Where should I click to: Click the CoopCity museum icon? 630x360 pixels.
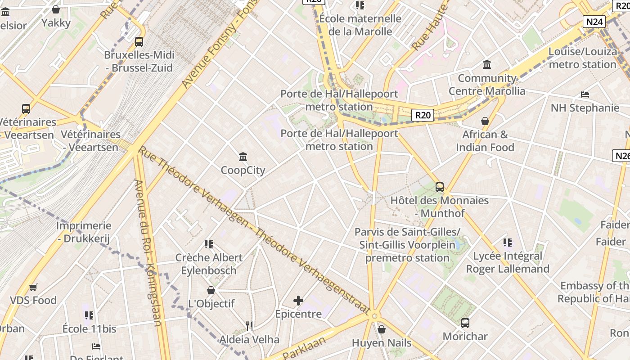pos(243,157)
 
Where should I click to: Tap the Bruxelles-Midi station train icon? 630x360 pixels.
pos(139,42)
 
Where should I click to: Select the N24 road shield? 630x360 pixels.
pos(594,22)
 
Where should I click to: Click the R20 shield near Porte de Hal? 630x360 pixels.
pos(423,115)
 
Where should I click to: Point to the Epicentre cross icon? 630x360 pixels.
pos(298,301)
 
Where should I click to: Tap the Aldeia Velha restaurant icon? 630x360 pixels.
pos(249,326)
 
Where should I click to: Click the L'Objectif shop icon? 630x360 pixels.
pos(211,290)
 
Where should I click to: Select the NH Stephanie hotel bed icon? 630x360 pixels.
pos(585,94)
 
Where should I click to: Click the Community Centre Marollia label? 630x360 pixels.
pos(487,85)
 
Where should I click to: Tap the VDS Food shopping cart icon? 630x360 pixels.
pos(33,287)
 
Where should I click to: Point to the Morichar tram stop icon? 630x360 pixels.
pos(465,323)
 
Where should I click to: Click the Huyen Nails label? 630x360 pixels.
pos(382,343)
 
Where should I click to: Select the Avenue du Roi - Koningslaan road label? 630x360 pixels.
pos(148,252)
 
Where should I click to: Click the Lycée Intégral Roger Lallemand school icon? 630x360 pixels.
pos(508,243)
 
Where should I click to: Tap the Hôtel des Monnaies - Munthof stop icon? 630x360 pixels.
pos(440,187)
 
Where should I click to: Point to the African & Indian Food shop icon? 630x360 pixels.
pos(485,121)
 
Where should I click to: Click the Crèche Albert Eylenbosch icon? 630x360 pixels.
pos(208,244)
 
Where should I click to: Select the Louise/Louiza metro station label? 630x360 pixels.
pos(582,58)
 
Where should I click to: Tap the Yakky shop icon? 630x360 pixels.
pos(56,9)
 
